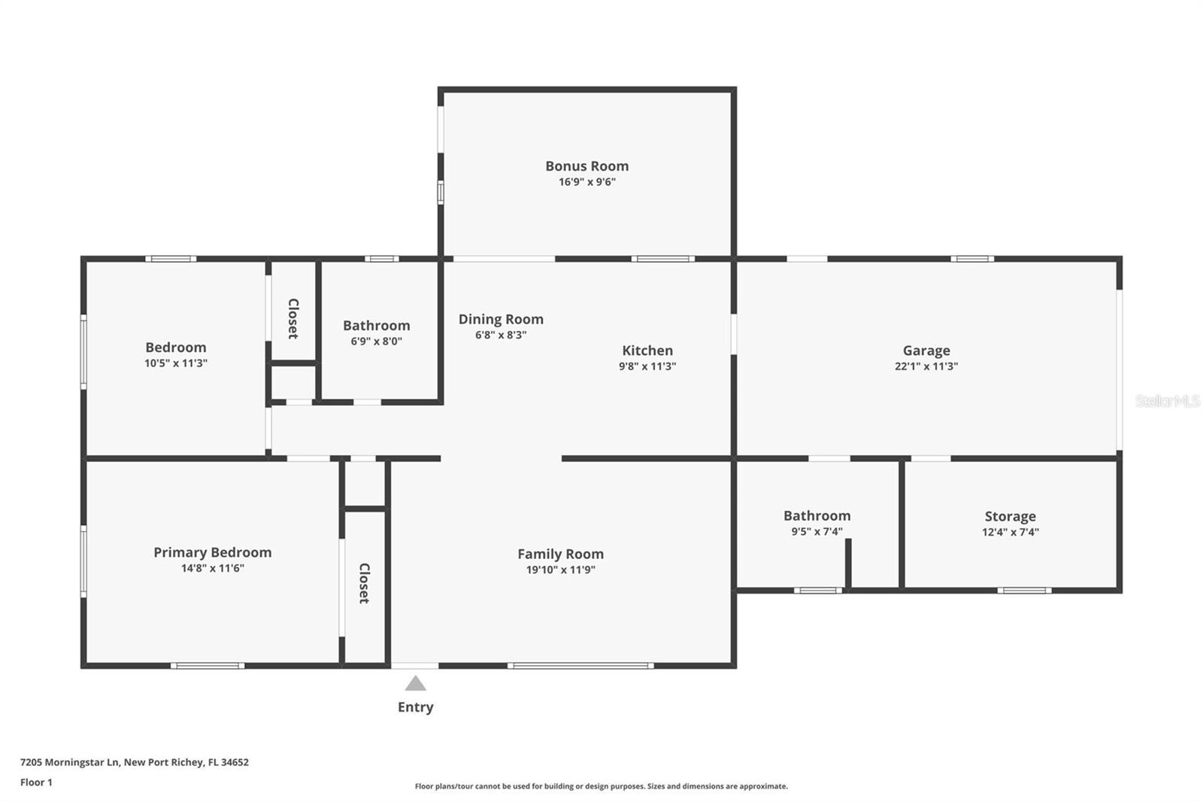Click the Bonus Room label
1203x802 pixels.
click(x=587, y=166)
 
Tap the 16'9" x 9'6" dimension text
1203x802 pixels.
click(x=587, y=181)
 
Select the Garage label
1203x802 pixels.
click(x=926, y=351)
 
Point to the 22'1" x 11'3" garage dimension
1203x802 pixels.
click(x=926, y=366)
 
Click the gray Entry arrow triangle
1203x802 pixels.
click(x=415, y=683)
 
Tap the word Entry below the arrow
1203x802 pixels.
click(x=416, y=707)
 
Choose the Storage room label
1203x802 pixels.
click(x=1011, y=517)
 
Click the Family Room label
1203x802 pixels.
click(x=561, y=554)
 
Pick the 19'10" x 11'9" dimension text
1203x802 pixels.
click(x=561, y=570)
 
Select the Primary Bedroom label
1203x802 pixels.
click(x=213, y=552)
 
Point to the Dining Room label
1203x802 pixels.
click(x=501, y=319)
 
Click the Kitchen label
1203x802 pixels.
click(x=647, y=351)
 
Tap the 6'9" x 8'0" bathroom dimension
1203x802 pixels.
click(x=377, y=342)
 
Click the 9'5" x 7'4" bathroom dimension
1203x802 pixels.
click(x=817, y=532)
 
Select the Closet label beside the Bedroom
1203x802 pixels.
click(x=293, y=319)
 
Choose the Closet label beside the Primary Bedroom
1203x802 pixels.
click(x=364, y=583)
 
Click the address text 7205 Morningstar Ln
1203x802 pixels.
click(x=69, y=762)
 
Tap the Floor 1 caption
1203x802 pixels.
click(x=37, y=782)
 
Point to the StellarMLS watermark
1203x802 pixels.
click(x=1168, y=400)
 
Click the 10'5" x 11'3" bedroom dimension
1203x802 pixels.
click(x=176, y=363)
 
